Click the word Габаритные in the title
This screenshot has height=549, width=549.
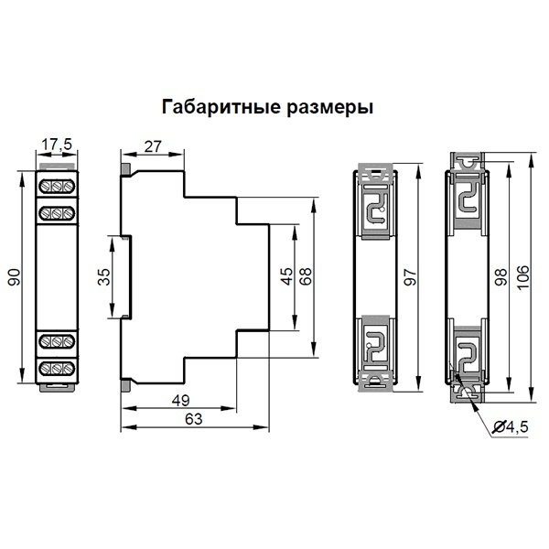[217, 107]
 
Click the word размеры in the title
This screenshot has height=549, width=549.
[327, 107]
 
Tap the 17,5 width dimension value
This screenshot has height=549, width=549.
[58, 143]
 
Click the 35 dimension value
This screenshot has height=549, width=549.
[103, 277]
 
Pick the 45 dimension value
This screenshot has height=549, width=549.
[286, 275]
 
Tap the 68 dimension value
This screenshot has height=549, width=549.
[306, 275]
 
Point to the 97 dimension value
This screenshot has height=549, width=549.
[409, 281]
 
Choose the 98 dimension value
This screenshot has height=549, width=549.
[501, 280]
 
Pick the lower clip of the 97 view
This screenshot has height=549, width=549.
[377, 351]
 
